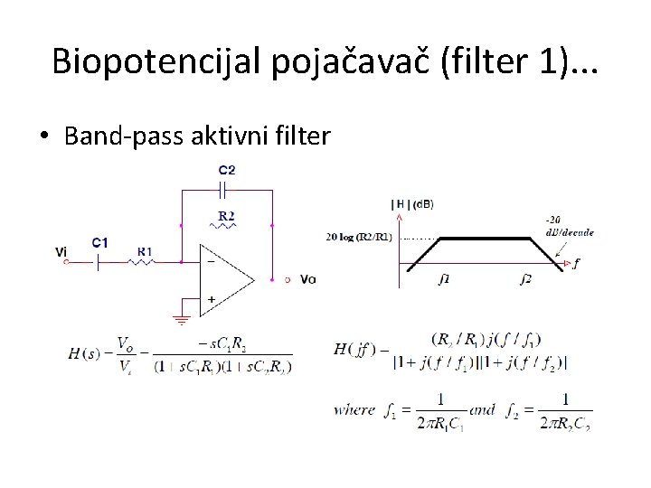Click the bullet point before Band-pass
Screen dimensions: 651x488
[43, 137]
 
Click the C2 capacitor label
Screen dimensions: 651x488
[227, 170]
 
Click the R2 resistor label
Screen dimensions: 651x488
[227, 215]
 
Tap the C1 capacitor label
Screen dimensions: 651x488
[100, 242]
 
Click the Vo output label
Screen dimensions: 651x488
[308, 279]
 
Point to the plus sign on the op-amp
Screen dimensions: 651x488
[212, 298]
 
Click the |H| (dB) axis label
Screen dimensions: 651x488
[412, 204]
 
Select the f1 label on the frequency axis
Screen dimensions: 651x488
[444, 278]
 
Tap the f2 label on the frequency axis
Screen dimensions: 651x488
[526, 278]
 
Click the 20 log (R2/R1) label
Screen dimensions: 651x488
[360, 237]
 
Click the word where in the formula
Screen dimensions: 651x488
[354, 409]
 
